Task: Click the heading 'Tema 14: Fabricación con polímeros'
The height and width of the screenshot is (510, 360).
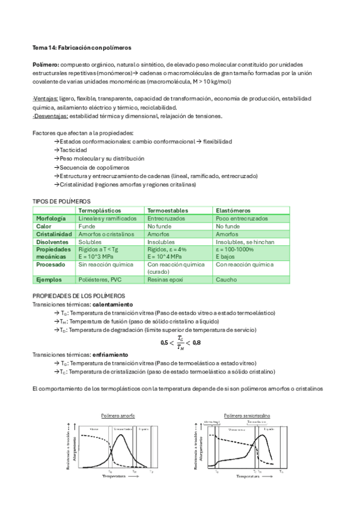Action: click(x=82, y=47)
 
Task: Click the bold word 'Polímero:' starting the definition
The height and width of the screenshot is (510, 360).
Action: click(x=45, y=64)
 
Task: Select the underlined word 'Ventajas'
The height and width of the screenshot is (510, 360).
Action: click(x=46, y=99)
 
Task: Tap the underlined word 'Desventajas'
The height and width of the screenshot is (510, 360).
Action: click(x=51, y=116)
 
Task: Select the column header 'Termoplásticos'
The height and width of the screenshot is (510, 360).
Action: click(x=100, y=210)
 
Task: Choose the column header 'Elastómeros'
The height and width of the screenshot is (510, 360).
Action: click(x=233, y=210)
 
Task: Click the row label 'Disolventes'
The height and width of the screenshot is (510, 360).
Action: click(x=52, y=242)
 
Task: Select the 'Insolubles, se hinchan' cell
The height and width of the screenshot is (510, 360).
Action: click(x=240, y=242)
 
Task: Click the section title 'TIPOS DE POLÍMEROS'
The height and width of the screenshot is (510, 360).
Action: click(x=61, y=201)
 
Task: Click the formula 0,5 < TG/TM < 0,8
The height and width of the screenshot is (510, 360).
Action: click(x=180, y=342)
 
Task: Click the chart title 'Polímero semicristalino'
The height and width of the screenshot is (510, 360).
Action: click(x=247, y=415)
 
